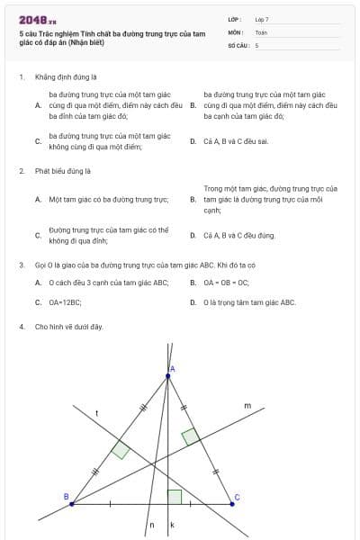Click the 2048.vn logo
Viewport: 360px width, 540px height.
pyautogui.click(x=37, y=19)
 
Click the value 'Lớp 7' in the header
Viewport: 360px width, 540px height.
pyautogui.click(x=262, y=19)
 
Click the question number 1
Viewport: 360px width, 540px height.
pyautogui.click(x=21, y=77)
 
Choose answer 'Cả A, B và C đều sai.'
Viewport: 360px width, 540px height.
pyautogui.click(x=237, y=141)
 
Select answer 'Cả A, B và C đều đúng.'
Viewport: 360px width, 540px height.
pyautogui.click(x=239, y=235)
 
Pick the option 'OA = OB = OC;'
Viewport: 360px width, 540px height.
pyautogui.click(x=227, y=282)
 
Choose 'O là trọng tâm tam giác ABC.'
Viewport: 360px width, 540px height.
pyautogui.click(x=249, y=302)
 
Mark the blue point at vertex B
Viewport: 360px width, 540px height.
pyautogui.click(x=71, y=504)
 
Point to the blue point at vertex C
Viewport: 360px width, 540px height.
pyautogui.click(x=232, y=504)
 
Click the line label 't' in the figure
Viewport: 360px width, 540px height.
pyautogui.click(x=96, y=412)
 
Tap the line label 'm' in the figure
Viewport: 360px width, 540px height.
pyautogui.click(x=247, y=406)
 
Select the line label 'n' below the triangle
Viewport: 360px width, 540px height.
pyautogui.click(x=151, y=524)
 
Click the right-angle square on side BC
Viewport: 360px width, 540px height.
pyautogui.click(x=175, y=497)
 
